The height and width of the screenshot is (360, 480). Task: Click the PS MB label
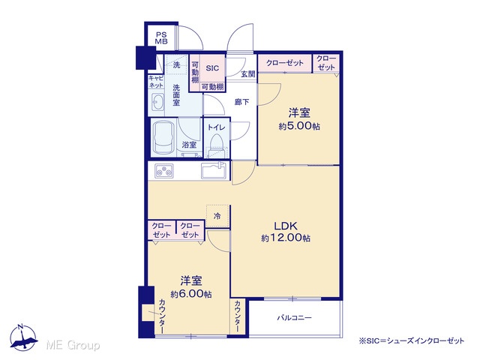(x=161, y=38)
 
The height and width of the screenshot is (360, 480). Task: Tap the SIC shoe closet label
(x=212, y=68)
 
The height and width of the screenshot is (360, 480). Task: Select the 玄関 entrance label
(x=248, y=74)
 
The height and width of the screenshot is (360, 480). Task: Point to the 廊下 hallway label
(x=241, y=102)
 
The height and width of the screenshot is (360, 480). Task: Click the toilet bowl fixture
(x=217, y=144)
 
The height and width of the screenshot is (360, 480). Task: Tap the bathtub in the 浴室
(x=164, y=138)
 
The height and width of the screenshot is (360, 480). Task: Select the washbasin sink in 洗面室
(x=158, y=101)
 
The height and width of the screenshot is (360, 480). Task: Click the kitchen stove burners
(x=164, y=171)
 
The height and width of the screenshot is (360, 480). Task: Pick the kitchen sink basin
(x=214, y=170)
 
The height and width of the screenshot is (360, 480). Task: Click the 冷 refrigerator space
(x=217, y=216)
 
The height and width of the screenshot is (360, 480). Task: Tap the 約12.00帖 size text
(x=286, y=238)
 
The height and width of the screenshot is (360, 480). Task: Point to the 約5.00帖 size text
(x=299, y=126)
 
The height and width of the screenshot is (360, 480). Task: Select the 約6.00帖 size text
(x=191, y=294)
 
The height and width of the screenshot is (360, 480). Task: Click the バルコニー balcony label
(x=294, y=318)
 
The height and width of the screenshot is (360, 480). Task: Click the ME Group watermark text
(x=73, y=345)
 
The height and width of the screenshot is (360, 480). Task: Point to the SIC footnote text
(x=412, y=340)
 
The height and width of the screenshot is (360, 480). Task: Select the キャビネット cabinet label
(x=156, y=82)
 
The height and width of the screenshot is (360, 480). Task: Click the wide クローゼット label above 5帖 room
(x=285, y=63)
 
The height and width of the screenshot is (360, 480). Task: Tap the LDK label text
(x=286, y=226)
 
